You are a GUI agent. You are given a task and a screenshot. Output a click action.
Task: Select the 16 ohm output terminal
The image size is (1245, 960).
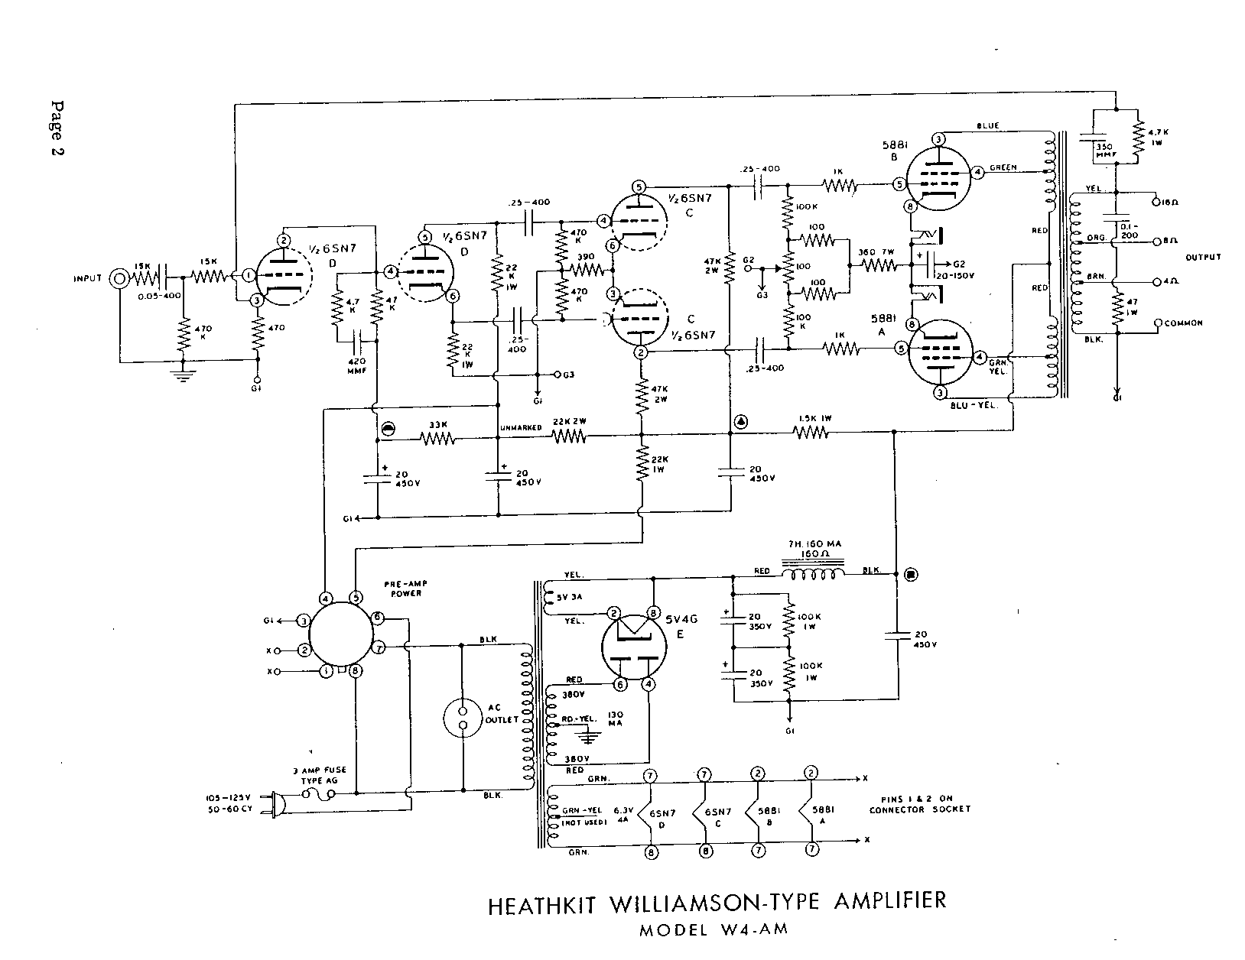point(1158,203)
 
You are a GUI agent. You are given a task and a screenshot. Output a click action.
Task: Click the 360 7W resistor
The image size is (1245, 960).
point(879,265)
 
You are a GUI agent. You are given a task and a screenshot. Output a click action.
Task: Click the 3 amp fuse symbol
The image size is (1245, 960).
point(317,795)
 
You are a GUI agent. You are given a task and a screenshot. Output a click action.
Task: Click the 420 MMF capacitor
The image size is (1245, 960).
point(357,341)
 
